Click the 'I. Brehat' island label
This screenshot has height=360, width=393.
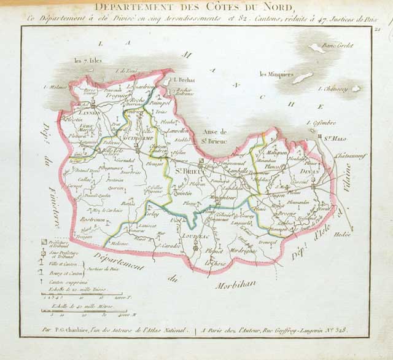184,80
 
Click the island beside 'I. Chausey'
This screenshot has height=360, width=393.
356,88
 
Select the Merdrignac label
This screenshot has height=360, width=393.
242,251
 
